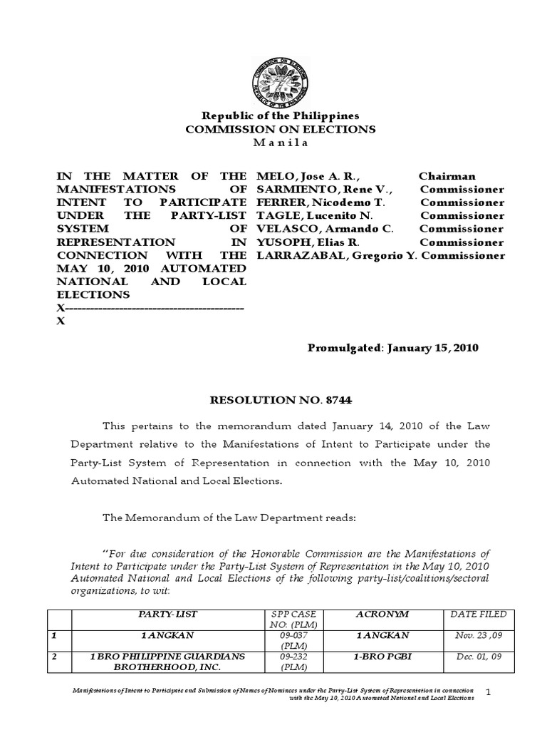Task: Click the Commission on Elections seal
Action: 280,80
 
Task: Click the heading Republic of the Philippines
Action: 281,116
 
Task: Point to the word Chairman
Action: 447,176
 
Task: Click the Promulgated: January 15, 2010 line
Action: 392,348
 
